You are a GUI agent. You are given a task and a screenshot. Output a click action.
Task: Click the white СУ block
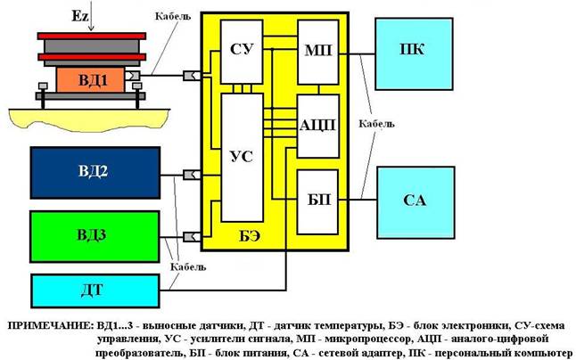tap(241, 51)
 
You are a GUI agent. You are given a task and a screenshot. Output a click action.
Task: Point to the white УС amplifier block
tap(241, 157)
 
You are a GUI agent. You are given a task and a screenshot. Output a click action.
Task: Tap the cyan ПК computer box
tap(413, 50)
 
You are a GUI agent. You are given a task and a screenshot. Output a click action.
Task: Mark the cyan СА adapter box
tap(415, 200)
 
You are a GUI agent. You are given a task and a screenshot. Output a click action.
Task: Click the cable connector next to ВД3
tap(190, 236)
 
